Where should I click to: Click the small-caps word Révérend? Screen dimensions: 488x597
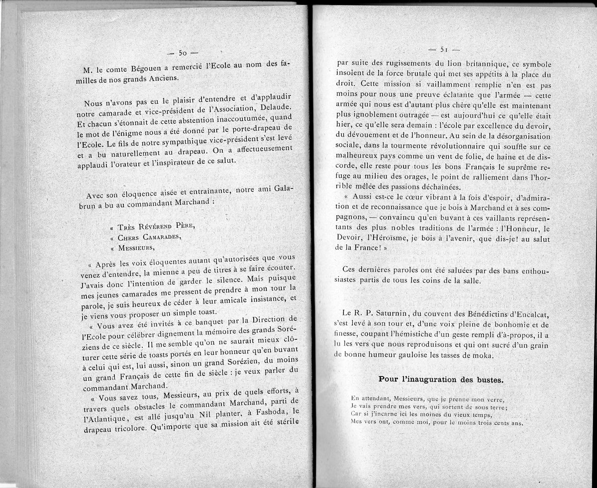click(161, 227)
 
